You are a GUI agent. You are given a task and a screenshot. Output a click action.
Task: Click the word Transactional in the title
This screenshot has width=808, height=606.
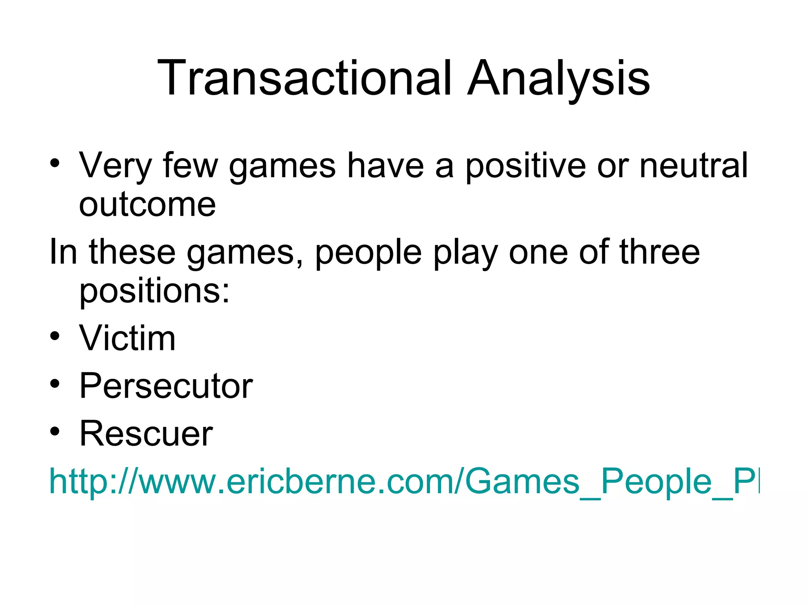pos(304,78)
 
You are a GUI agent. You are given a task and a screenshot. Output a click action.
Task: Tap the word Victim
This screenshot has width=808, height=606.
pos(127,338)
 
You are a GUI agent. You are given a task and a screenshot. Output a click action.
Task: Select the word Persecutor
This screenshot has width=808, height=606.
pos(166,385)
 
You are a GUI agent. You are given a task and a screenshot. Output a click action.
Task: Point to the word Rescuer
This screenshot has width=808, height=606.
pos(146,433)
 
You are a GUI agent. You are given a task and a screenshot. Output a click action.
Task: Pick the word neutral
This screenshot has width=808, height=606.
pos(693,165)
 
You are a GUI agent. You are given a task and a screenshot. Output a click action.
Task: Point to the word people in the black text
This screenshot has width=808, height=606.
pos(368,252)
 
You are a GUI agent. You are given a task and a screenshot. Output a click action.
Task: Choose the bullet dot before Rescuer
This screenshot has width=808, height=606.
pos(55,431)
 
